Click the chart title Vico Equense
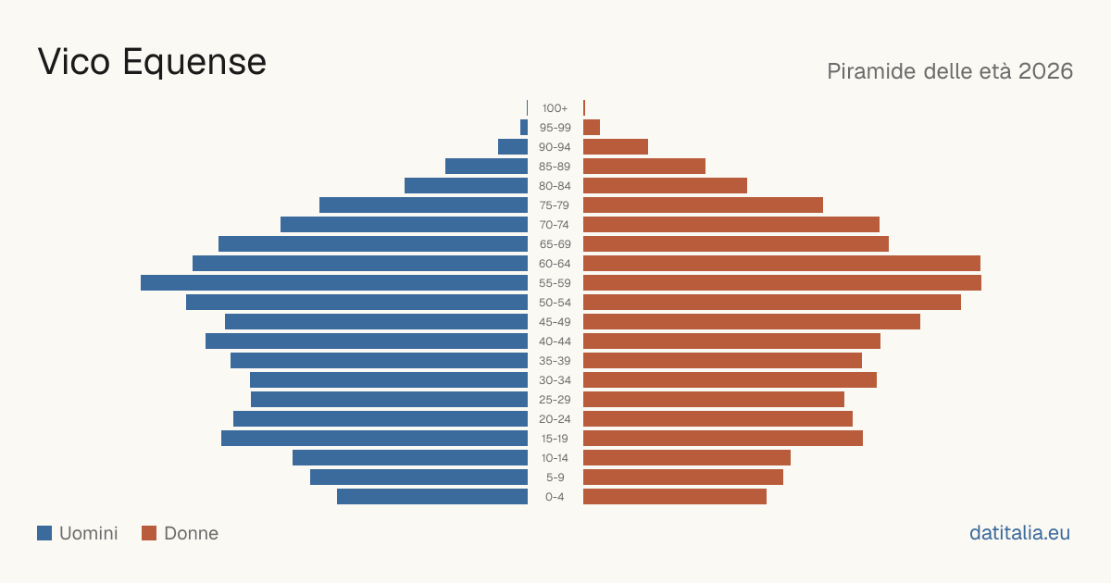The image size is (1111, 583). [152, 62]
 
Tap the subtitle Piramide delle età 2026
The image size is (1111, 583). [950, 71]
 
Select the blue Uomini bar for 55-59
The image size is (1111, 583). [334, 283]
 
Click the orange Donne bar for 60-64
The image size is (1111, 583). [781, 263]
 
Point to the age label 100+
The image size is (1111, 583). [555, 108]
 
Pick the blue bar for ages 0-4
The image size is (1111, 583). [432, 497]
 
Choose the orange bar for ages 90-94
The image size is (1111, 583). [616, 147]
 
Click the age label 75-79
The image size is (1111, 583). [555, 205]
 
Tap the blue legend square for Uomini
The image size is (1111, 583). [44, 533]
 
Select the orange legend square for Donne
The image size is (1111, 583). [149, 533]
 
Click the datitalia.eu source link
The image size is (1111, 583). [1019, 533]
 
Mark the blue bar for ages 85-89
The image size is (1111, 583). [487, 166]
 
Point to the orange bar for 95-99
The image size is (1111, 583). [592, 128]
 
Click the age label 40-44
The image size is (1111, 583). [555, 341]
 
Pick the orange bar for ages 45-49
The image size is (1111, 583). [752, 322]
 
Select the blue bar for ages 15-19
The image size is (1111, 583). [374, 439]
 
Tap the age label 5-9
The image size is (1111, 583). [555, 478]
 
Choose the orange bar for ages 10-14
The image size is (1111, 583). [687, 457]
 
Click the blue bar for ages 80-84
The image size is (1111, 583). [467, 186]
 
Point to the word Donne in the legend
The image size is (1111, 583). [191, 533]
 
